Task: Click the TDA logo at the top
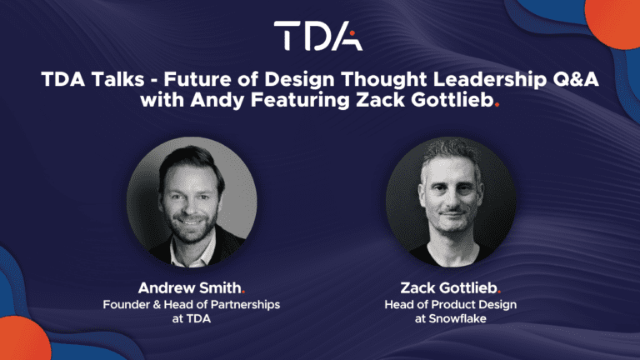(x=318, y=36)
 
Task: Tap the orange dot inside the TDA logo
(x=352, y=33)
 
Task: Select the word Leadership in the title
(x=489, y=80)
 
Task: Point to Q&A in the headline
(x=576, y=79)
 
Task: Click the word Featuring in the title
(x=300, y=100)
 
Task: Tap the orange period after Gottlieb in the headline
(x=497, y=105)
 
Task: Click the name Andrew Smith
(x=189, y=287)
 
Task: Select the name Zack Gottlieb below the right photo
(x=448, y=287)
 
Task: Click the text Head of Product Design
(x=451, y=304)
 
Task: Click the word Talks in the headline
(x=118, y=79)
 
